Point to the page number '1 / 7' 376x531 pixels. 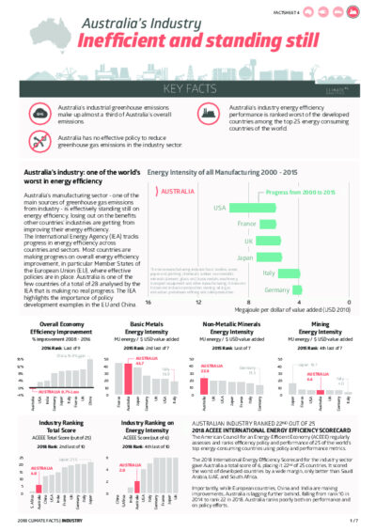[x=352, y=519]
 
